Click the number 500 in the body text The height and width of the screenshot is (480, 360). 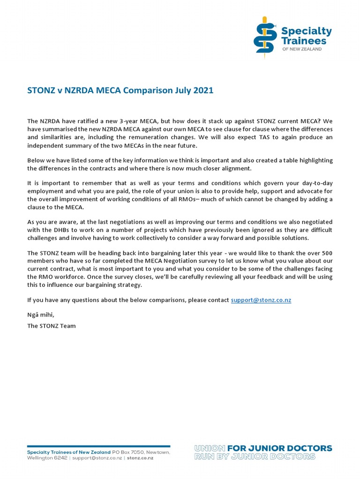point(326,253)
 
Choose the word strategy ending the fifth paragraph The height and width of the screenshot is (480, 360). point(128,285)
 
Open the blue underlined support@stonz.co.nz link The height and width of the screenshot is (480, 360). point(261,300)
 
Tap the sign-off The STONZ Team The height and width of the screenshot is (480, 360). point(51,325)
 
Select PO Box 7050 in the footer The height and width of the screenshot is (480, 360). point(129,452)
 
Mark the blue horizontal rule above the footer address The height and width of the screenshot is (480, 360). point(98,446)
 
